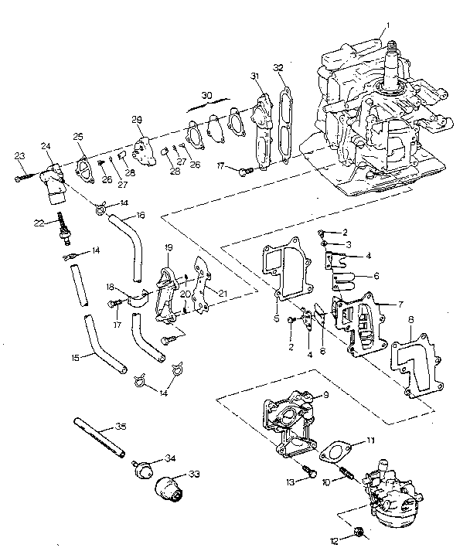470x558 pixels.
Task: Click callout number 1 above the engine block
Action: coord(389,25)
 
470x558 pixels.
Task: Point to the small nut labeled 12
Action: coord(359,532)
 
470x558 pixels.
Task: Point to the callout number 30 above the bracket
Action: coord(206,94)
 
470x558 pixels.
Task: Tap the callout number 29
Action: coord(137,119)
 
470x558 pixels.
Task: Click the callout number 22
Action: coord(39,223)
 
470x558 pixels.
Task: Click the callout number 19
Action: coord(169,247)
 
